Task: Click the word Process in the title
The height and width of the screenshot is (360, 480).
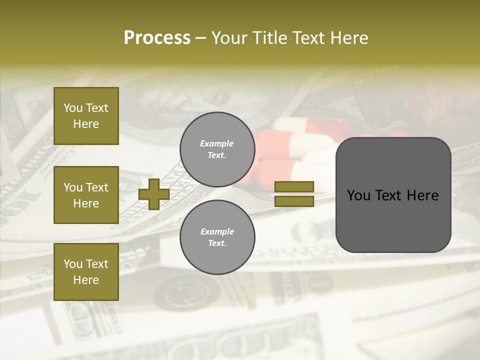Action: (x=157, y=38)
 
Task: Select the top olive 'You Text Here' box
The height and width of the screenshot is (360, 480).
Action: (x=86, y=116)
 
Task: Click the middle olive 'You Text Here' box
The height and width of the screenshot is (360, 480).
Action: (x=86, y=195)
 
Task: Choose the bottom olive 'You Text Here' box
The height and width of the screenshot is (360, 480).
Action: (x=86, y=272)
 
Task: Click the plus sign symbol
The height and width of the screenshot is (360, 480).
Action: (x=154, y=194)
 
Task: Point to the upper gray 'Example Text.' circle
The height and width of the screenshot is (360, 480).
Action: (x=217, y=149)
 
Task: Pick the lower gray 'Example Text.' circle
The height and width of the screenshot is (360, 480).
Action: (x=217, y=237)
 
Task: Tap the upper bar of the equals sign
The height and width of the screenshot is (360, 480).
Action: (x=294, y=187)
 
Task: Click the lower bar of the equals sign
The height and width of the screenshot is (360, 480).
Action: (x=294, y=201)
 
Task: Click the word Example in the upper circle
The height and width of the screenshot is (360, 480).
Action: (x=217, y=144)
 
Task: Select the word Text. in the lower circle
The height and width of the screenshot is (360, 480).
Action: (x=217, y=243)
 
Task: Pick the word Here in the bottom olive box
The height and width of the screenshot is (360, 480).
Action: (x=86, y=280)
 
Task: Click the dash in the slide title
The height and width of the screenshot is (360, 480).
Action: (x=201, y=38)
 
